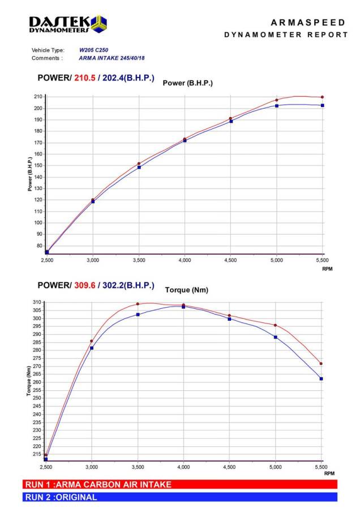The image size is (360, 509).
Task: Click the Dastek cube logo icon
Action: pyautogui.click(x=98, y=24)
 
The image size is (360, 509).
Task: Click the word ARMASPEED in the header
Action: pyautogui.click(x=308, y=23)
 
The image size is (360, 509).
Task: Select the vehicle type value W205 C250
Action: pyautogui.click(x=93, y=50)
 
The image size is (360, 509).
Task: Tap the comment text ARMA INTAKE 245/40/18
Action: pyautogui.click(x=112, y=58)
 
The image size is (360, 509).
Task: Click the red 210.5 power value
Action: pyautogui.click(x=85, y=78)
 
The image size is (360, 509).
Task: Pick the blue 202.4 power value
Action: pyautogui.click(x=113, y=78)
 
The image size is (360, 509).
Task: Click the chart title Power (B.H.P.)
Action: pyautogui.click(x=188, y=83)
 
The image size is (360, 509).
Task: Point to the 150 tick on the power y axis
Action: pyautogui.click(x=38, y=166)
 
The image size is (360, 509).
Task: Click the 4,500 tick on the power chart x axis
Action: pyautogui.click(x=231, y=260)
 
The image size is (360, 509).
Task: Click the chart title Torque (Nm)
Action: pyautogui.click(x=186, y=290)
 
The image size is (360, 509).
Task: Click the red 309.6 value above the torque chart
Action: pyautogui.click(x=85, y=286)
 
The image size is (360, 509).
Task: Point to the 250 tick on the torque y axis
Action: pyautogui.click(x=37, y=398)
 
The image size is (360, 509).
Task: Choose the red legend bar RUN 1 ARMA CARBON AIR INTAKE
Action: pyautogui.click(x=180, y=485)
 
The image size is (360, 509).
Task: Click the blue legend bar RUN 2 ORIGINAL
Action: pyautogui.click(x=180, y=497)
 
